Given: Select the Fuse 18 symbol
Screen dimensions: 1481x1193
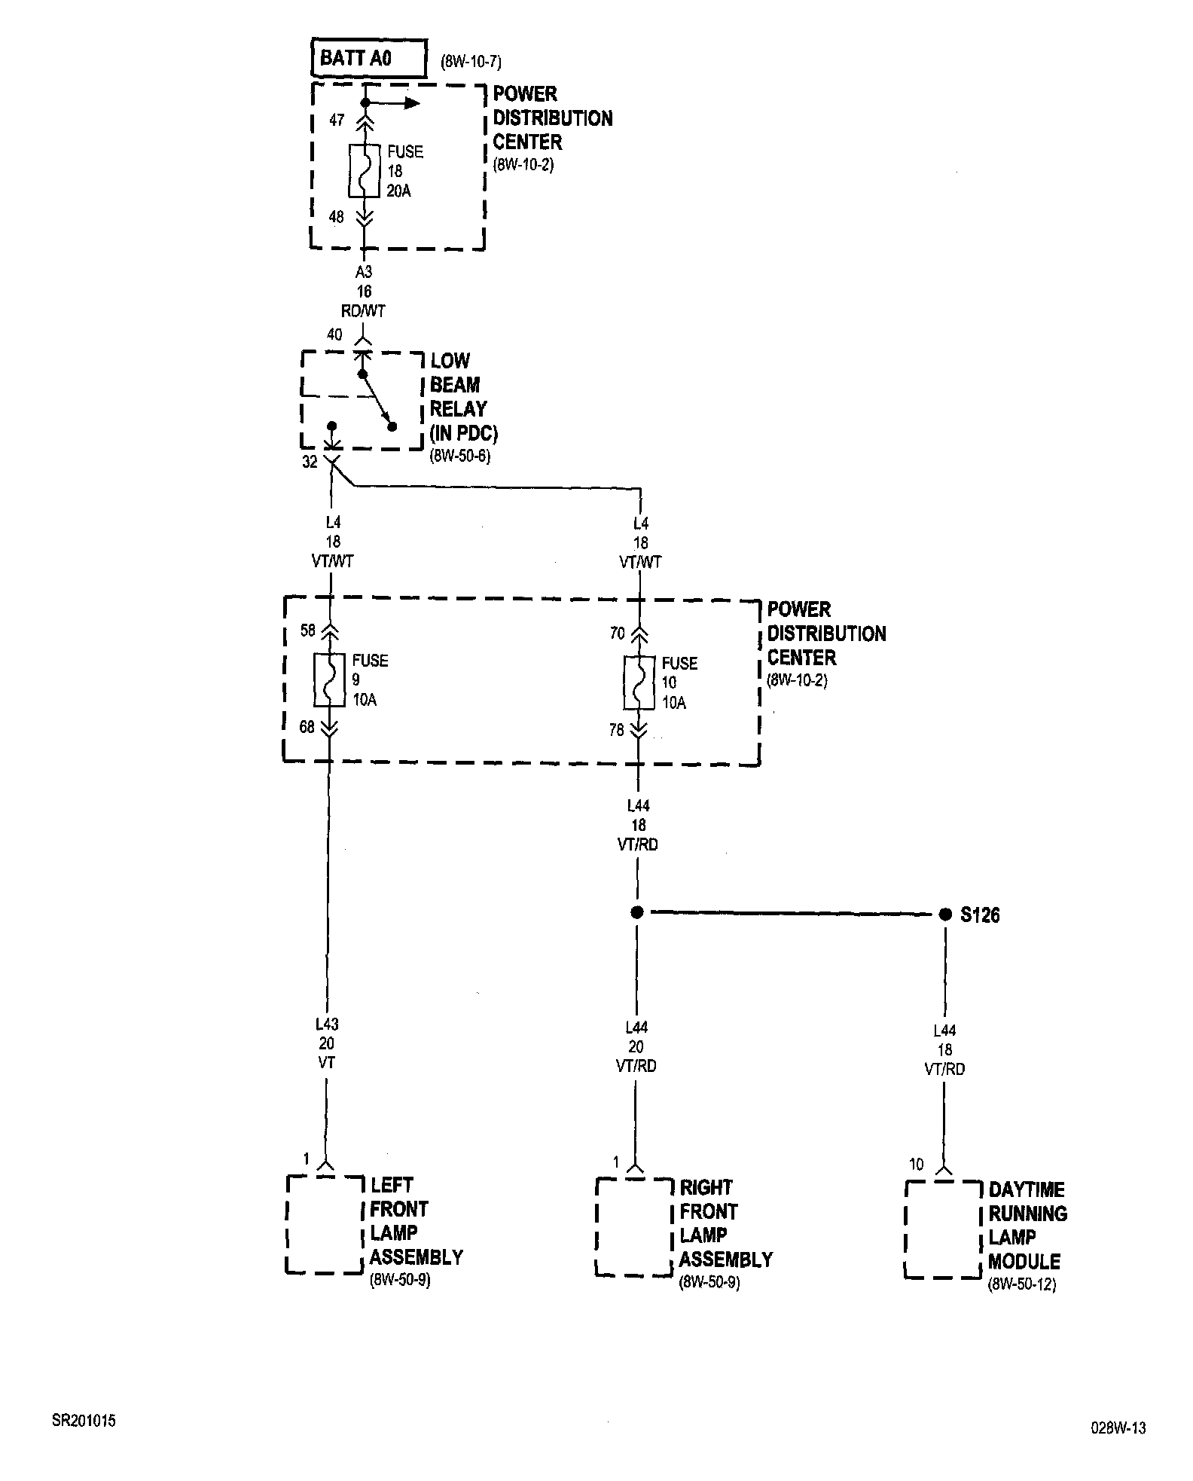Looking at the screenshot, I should click(365, 171).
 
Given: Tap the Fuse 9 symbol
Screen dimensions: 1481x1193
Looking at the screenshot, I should click(329, 680).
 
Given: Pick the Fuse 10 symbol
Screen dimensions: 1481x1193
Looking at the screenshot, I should click(639, 683).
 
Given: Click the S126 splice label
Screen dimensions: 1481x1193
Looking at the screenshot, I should click(980, 915).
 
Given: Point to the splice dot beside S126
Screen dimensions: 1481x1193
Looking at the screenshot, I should click(945, 915).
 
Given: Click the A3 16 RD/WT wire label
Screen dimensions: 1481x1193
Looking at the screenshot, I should click(364, 291).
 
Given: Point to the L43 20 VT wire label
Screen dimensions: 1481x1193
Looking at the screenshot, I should click(327, 1043).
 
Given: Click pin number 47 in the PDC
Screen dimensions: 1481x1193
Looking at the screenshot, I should click(337, 121).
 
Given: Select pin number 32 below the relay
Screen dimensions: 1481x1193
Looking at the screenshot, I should click(310, 463).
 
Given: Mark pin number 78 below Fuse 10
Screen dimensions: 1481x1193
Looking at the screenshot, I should click(617, 730).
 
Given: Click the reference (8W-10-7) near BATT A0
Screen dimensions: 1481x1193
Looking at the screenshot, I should click(471, 63).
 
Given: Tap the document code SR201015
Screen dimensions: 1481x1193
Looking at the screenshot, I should click(84, 1421).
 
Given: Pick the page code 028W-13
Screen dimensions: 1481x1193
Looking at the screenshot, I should click(1118, 1428).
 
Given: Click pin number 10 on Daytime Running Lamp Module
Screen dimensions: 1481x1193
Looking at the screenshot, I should click(916, 1165).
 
